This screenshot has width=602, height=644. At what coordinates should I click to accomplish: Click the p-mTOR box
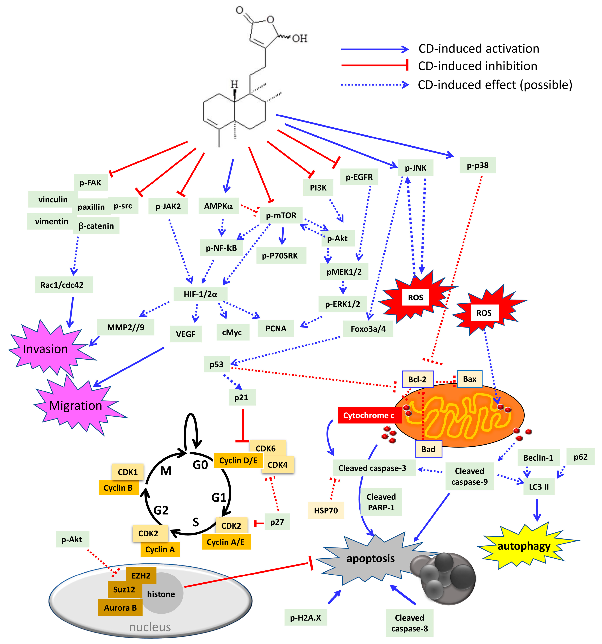pyautogui.click(x=281, y=215)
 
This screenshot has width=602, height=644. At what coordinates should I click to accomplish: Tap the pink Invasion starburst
pyautogui.click(x=46, y=349)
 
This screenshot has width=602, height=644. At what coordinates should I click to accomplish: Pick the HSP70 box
pyautogui.click(x=326, y=511)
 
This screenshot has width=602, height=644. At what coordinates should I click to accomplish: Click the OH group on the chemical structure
pyautogui.click(x=299, y=39)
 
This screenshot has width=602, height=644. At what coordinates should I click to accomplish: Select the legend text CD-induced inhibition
pyautogui.click(x=477, y=66)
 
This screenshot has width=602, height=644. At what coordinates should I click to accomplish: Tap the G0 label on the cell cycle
pyautogui.click(x=200, y=465)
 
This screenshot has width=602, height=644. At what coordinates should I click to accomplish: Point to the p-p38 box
pyautogui.click(x=477, y=165)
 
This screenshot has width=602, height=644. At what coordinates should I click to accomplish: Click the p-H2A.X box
pyautogui.click(x=305, y=617)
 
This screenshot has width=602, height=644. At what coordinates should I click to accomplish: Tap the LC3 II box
pyautogui.click(x=539, y=487)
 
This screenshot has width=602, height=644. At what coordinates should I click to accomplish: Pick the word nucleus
pyautogui.click(x=150, y=627)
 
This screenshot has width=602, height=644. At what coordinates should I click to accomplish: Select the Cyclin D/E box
pyautogui.click(x=238, y=460)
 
